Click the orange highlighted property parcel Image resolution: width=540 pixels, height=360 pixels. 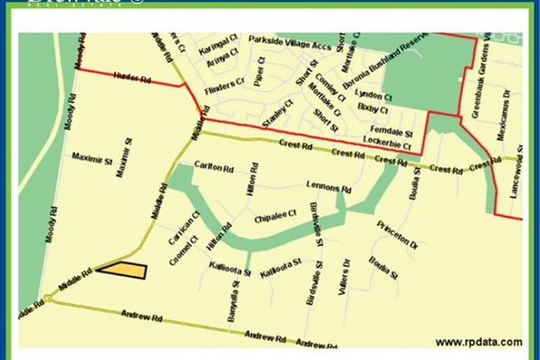(x=123, y=269)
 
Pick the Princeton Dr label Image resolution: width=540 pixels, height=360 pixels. (x=398, y=233)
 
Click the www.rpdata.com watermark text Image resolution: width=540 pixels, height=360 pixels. (x=479, y=342)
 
